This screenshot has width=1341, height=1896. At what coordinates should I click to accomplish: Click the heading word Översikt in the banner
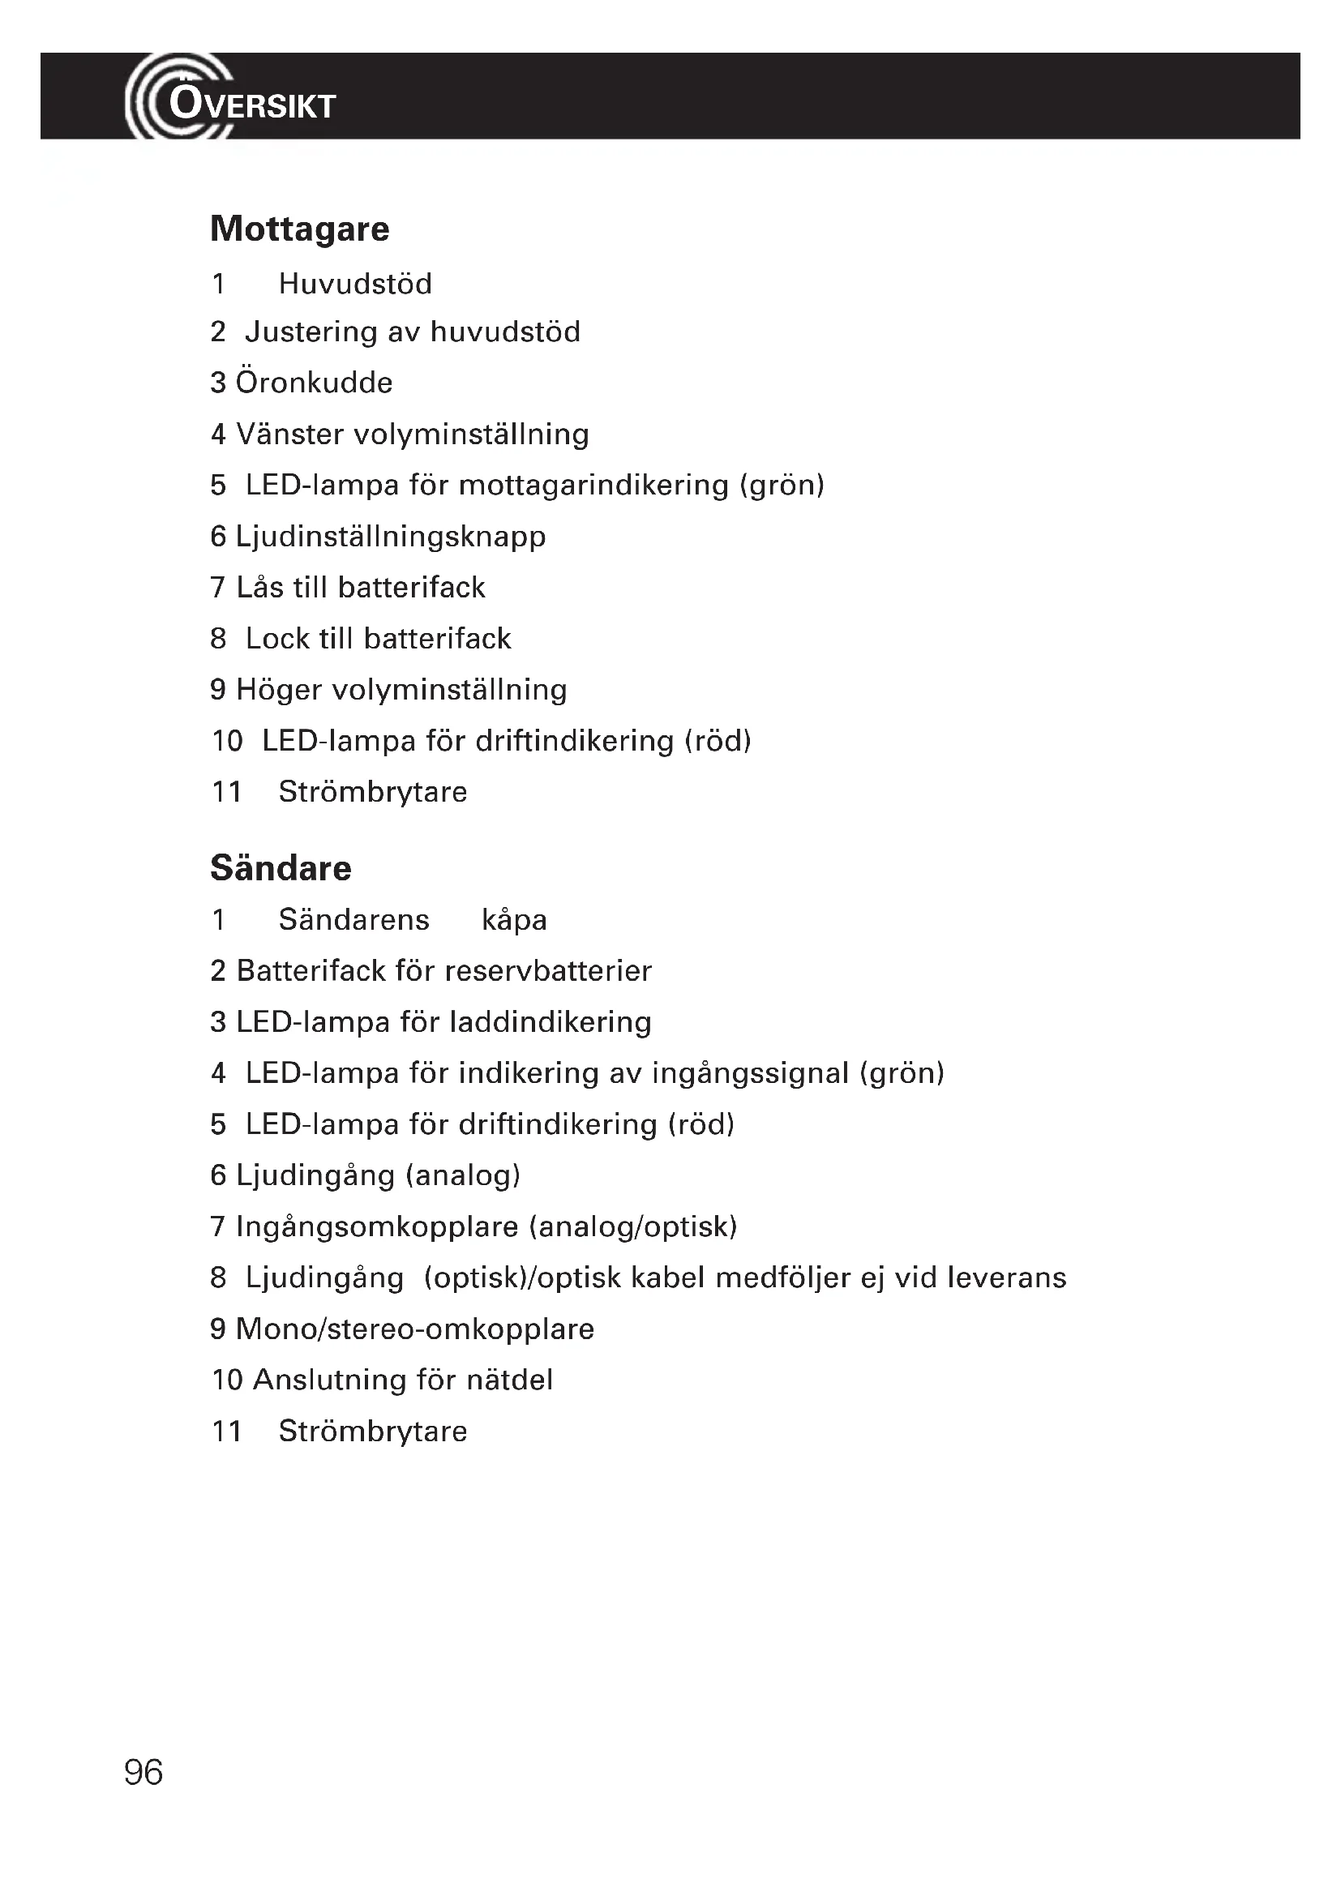pyautogui.click(x=252, y=105)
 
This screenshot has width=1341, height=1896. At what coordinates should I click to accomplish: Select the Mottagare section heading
pyautogui.click(x=299, y=229)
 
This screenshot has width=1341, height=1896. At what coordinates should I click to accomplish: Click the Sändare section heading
pyautogui.click(x=281, y=868)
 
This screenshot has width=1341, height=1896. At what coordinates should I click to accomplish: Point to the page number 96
pyautogui.click(x=143, y=1772)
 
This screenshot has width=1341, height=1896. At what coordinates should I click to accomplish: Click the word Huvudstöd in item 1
pyautogui.click(x=355, y=283)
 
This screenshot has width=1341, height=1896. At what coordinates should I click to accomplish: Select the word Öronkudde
pyautogui.click(x=314, y=383)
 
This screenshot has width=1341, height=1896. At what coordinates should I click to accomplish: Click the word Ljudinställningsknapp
pyautogui.click(x=391, y=537)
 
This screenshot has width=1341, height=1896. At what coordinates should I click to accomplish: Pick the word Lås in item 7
pyautogui.click(x=260, y=587)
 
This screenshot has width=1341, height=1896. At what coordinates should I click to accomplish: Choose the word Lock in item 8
pyautogui.click(x=274, y=638)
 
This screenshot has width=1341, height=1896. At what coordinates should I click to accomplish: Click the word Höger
pyautogui.click(x=278, y=691)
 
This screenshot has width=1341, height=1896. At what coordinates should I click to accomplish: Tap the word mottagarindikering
pyautogui.click(x=593, y=486)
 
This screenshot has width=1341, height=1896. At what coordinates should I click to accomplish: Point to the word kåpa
pyautogui.click(x=513, y=920)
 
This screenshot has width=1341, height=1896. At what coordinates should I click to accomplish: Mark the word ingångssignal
pyautogui.click(x=750, y=1073)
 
